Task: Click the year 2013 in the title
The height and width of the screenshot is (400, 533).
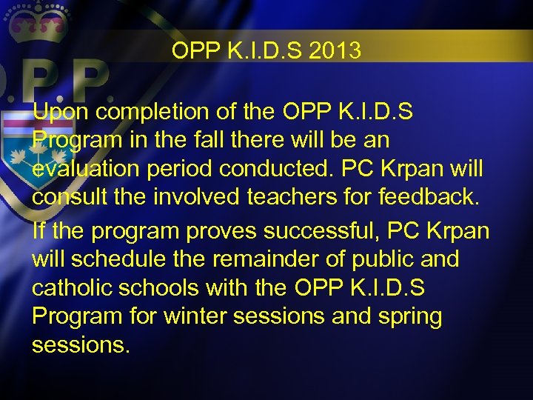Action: pos(337,50)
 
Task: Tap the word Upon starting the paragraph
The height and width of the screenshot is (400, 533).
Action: pos(62,112)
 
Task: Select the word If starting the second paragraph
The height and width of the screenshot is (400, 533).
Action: pos(38,231)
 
